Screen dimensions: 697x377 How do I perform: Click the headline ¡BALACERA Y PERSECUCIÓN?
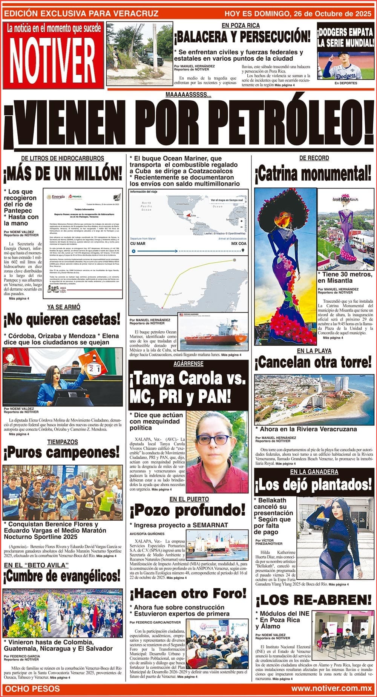(x=242, y=37)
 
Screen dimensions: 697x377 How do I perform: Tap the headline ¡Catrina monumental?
(x=313, y=174)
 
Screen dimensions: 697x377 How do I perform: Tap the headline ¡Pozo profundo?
(x=187, y=511)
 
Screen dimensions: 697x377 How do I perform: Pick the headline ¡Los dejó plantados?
(x=313, y=485)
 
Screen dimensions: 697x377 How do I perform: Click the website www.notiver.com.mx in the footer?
(x=331, y=689)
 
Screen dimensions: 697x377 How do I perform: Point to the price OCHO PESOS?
(x=32, y=689)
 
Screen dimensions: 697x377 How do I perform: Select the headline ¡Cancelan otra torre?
(x=313, y=363)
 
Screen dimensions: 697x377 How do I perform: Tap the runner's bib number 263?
(x=70, y=497)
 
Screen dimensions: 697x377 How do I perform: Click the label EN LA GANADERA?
(x=314, y=472)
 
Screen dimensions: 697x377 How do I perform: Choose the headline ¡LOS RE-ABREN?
(x=313, y=600)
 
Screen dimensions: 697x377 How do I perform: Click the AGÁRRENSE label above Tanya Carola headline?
(x=188, y=364)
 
